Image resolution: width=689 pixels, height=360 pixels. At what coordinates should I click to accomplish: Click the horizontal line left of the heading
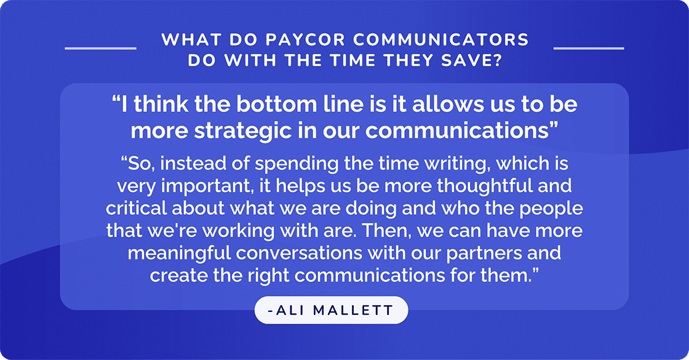point(100,47)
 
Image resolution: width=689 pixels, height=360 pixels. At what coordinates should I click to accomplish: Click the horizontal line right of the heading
point(589,47)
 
